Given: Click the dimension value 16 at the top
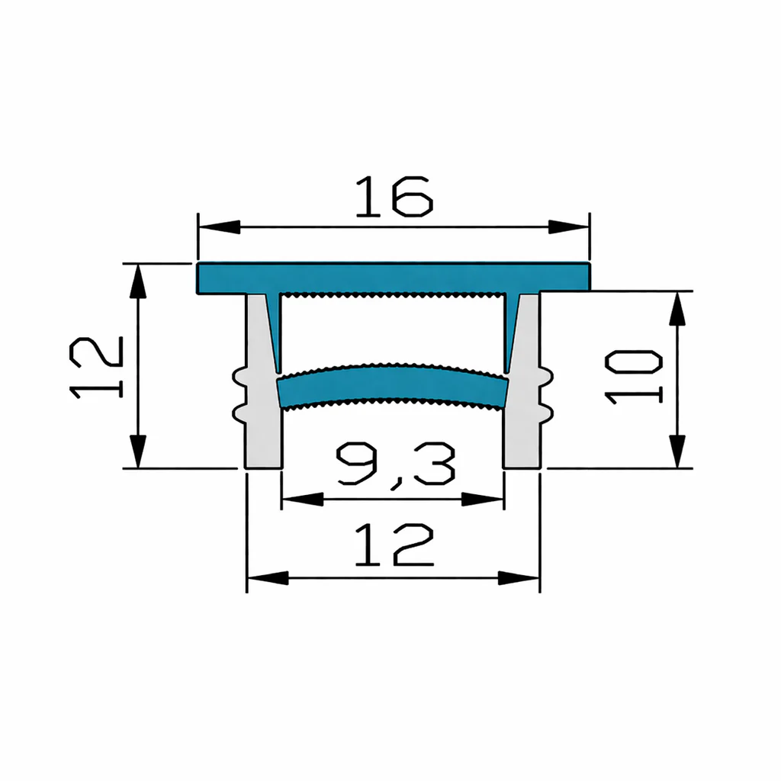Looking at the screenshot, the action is coord(394,196).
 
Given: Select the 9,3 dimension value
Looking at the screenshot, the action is coord(396,466).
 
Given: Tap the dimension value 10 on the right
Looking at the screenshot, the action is coord(633,377).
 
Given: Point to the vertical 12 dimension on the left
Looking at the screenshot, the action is coord(96,368).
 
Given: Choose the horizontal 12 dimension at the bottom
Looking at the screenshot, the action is coord(394,545).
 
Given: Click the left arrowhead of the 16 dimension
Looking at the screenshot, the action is coord(219,227).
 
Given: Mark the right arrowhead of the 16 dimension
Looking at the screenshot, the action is coord(569,227).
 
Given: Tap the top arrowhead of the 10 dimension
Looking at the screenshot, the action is coord(677,309).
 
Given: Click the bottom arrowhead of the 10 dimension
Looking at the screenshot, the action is coord(677,452).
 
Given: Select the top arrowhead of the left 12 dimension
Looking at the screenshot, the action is coord(138,281).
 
